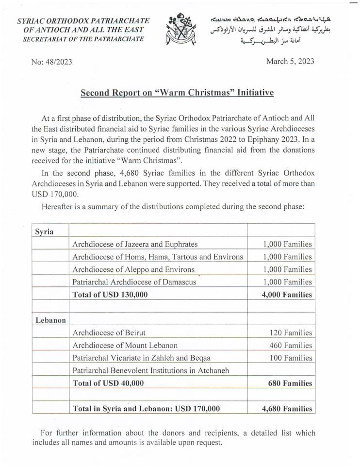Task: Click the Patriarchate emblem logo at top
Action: click(x=180, y=29)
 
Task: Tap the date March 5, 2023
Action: click(x=290, y=61)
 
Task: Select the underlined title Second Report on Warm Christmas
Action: click(x=177, y=93)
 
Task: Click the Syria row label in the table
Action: click(x=44, y=232)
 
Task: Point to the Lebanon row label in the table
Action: click(x=50, y=320)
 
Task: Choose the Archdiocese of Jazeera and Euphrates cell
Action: click(x=135, y=244)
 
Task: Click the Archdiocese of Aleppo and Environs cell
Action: click(x=133, y=269)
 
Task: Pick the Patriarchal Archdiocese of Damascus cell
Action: click(x=134, y=282)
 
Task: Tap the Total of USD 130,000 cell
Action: click(x=110, y=295)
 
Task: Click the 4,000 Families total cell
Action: click(x=287, y=295)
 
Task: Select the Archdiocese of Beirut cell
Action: click(x=109, y=333)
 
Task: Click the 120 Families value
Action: click(x=291, y=333)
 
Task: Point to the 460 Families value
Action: click(x=291, y=346)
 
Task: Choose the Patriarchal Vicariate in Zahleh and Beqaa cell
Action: click(x=141, y=358)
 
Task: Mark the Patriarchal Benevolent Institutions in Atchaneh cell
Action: click(x=150, y=371)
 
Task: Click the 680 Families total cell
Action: click(x=290, y=383)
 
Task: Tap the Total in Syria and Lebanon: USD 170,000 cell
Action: click(x=146, y=409)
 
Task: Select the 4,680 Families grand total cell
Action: click(x=287, y=409)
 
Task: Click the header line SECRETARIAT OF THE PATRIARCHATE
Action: click(x=83, y=39)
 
